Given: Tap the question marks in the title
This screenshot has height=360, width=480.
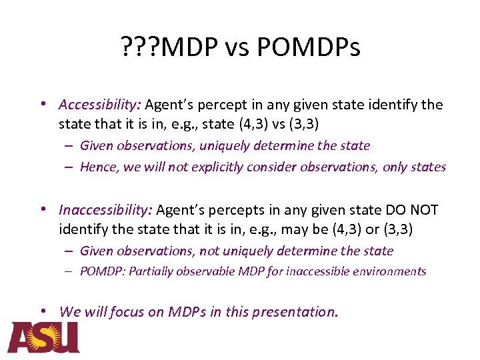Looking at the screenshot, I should click(x=141, y=47).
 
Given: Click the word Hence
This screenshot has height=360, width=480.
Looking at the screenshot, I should click(x=98, y=167).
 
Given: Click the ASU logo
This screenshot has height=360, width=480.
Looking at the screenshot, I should click(x=44, y=337).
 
